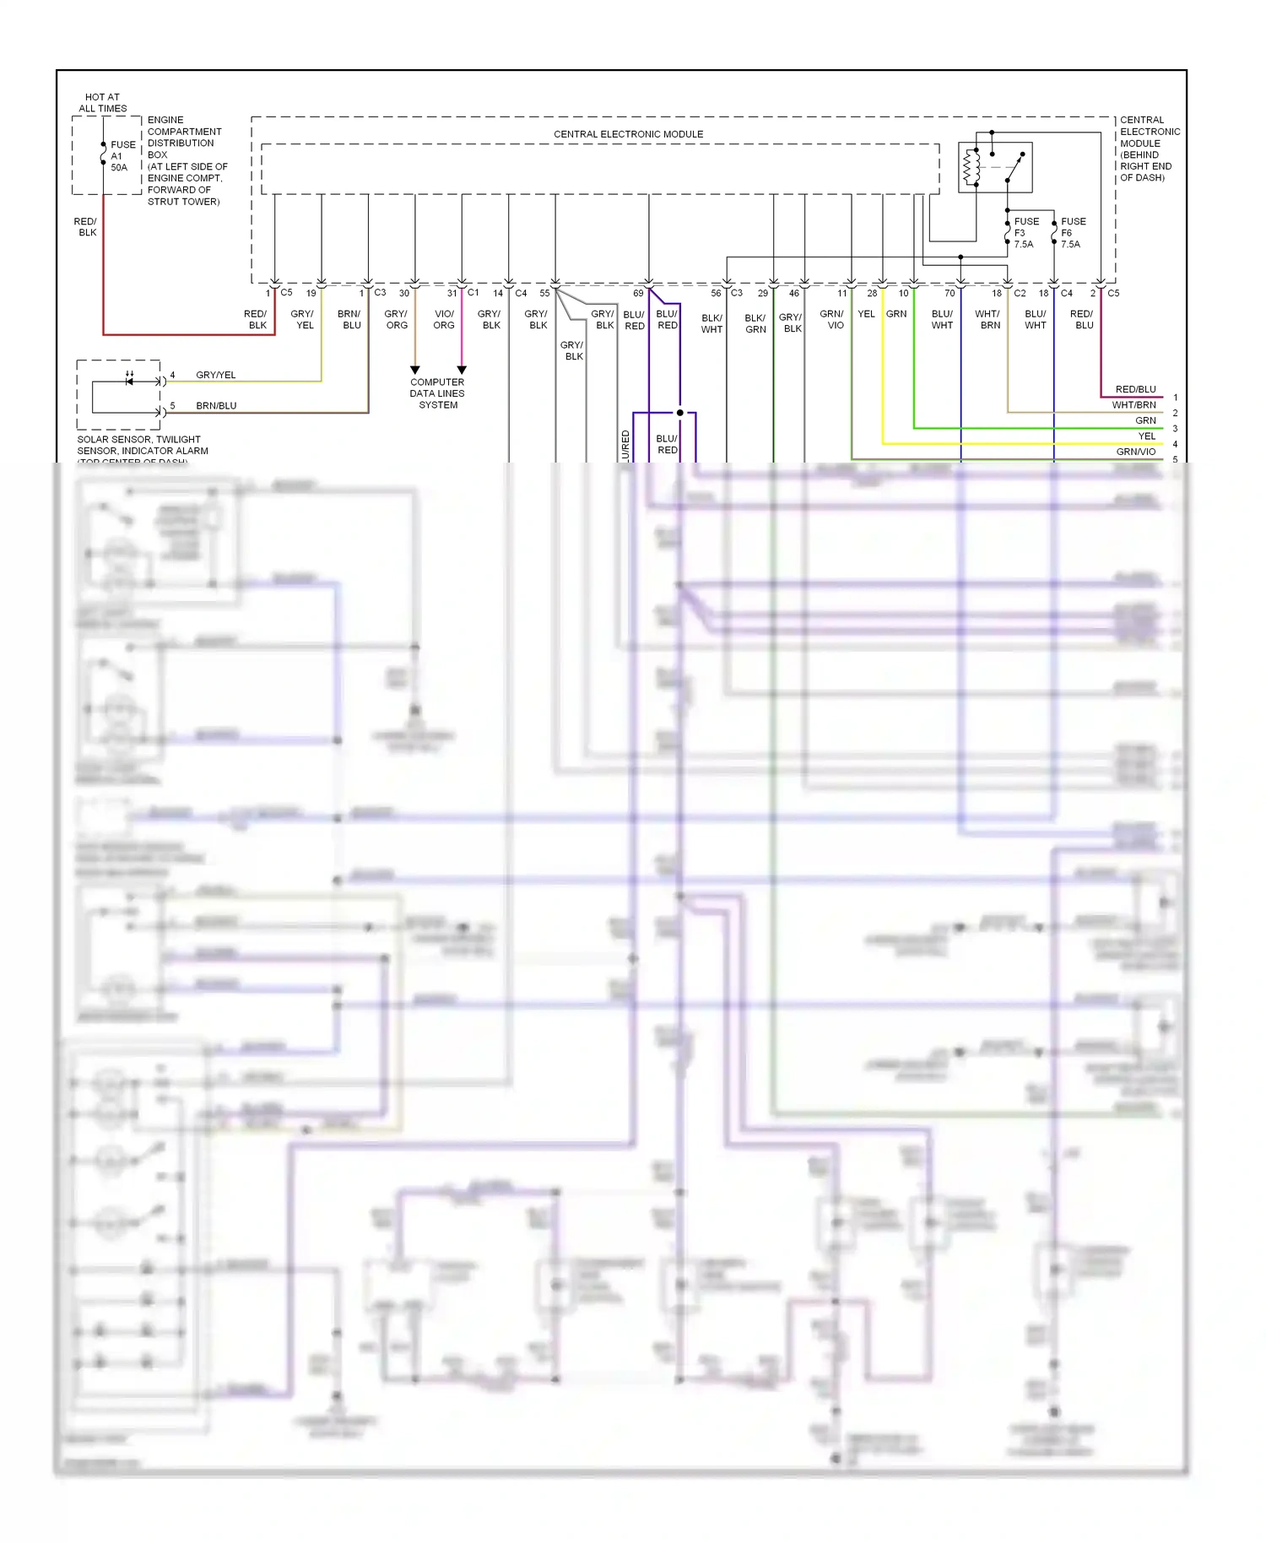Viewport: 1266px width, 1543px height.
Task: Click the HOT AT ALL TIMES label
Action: (102, 103)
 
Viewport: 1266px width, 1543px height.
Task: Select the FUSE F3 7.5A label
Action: (1025, 233)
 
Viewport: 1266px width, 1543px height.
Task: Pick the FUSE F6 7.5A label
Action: (1072, 233)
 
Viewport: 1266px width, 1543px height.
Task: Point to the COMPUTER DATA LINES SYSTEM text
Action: (437, 393)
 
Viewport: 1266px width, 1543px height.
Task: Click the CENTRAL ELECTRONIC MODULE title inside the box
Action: (628, 134)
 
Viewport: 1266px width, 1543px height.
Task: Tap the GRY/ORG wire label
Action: (396, 319)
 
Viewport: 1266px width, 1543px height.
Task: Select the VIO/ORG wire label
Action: (444, 319)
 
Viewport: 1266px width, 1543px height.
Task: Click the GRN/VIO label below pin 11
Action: (832, 319)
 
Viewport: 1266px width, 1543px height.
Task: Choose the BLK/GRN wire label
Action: (755, 323)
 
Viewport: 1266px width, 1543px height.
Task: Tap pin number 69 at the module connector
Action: (638, 294)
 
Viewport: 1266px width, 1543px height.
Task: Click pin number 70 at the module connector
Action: (949, 294)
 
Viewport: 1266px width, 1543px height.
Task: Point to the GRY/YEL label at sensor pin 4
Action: (216, 375)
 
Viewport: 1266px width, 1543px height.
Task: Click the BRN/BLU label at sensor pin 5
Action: (216, 406)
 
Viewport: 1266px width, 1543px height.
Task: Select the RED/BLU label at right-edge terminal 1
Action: (1135, 389)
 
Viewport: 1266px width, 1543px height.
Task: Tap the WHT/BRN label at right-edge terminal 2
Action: (1133, 405)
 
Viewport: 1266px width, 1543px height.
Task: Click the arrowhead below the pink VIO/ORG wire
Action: (462, 370)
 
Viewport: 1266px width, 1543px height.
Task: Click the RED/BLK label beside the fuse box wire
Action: (86, 227)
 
